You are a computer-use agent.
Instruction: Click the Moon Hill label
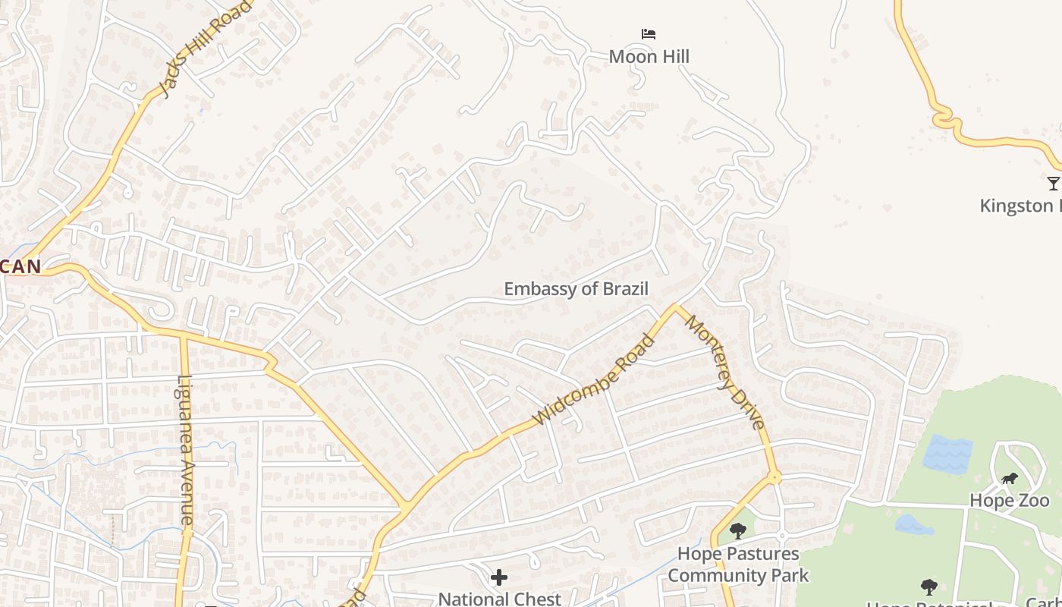pyautogui.click(x=649, y=56)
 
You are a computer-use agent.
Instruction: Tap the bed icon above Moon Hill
pyautogui.click(x=649, y=34)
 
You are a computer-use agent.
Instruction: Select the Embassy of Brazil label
pyautogui.click(x=577, y=289)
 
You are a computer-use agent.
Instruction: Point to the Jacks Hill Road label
pyautogui.click(x=205, y=50)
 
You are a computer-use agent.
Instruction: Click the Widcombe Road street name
pyautogui.click(x=594, y=379)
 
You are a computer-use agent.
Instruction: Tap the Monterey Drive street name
pyautogui.click(x=725, y=372)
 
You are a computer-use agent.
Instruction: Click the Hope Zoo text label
pyautogui.click(x=1010, y=501)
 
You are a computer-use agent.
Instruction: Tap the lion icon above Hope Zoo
pyautogui.click(x=1009, y=479)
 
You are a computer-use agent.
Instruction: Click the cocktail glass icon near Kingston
pyautogui.click(x=1053, y=183)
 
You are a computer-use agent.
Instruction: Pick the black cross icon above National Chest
pyautogui.click(x=499, y=578)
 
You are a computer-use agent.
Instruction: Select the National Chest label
pyautogui.click(x=499, y=599)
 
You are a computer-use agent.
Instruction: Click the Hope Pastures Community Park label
pyautogui.click(x=737, y=565)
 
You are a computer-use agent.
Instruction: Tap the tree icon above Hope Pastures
pyautogui.click(x=737, y=531)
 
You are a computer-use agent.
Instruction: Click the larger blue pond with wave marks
pyautogui.click(x=948, y=454)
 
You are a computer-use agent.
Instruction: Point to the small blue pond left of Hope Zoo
pyautogui.click(x=913, y=524)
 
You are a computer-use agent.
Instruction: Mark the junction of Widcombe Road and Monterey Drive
pyautogui.click(x=674, y=307)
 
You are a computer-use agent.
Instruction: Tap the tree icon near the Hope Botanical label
pyautogui.click(x=928, y=587)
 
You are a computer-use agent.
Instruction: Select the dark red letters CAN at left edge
pyautogui.click(x=20, y=267)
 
